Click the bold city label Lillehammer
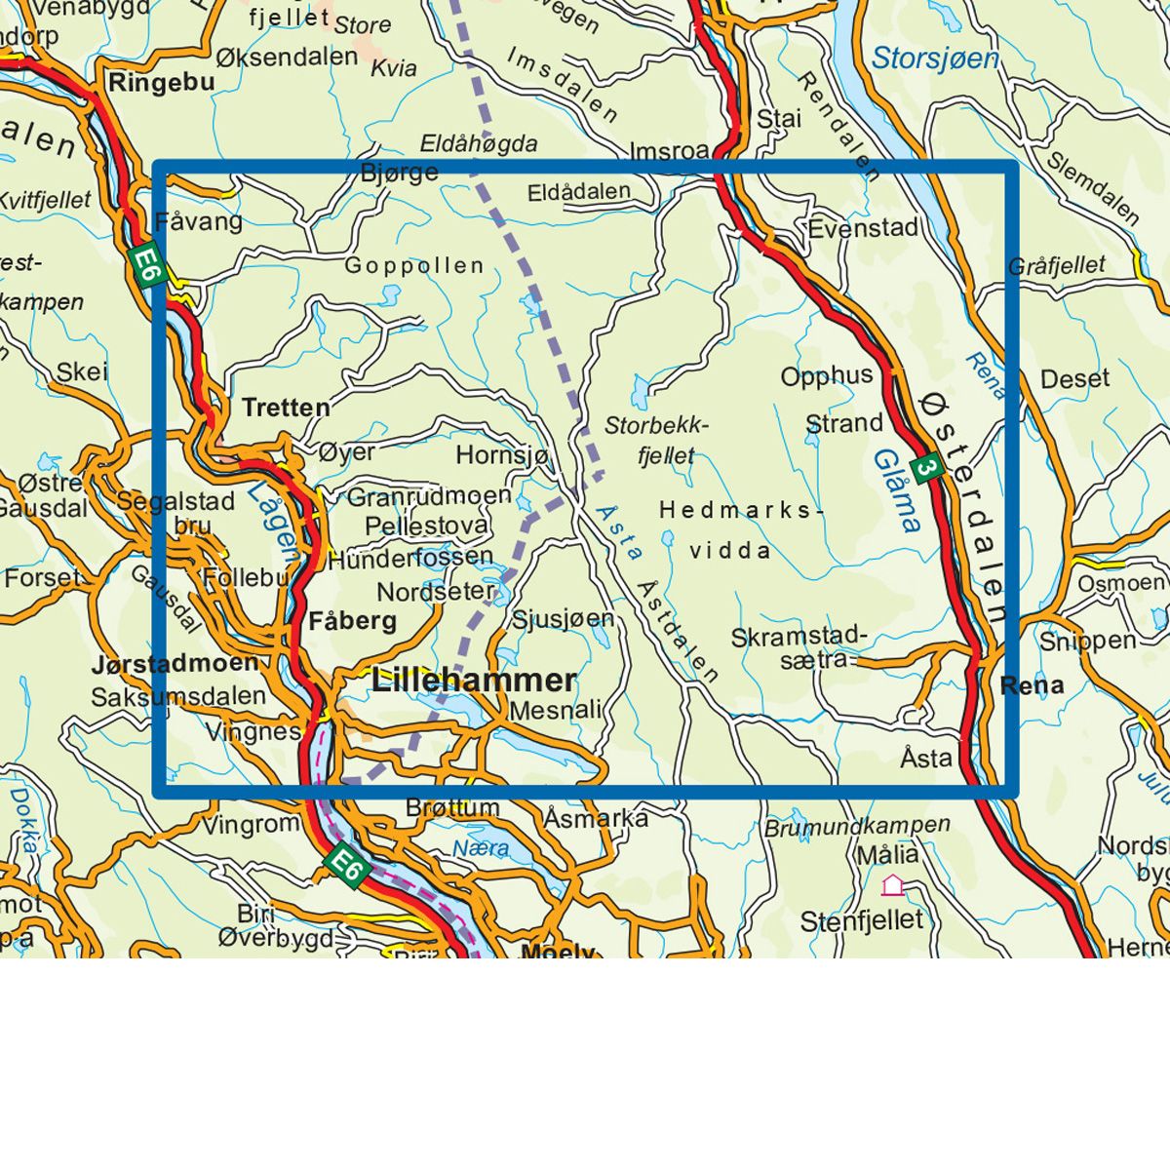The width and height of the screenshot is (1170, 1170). click(474, 681)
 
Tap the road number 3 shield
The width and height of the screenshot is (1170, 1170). click(927, 469)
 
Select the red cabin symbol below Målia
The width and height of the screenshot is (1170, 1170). click(892, 885)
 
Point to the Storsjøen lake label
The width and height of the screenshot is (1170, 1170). click(935, 58)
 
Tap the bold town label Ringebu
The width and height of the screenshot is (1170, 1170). click(161, 83)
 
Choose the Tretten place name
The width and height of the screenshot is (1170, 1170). click(286, 407)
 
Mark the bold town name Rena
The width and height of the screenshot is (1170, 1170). click(1032, 685)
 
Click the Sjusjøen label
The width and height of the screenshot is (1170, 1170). click(563, 619)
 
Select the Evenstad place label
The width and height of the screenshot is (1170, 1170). click(863, 228)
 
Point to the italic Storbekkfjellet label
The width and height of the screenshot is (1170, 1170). click(655, 440)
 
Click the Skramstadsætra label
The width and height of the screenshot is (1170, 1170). click(799, 648)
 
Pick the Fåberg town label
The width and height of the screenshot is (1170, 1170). click(352, 621)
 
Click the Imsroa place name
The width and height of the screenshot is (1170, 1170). click(670, 151)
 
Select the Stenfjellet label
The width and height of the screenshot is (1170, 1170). click(861, 920)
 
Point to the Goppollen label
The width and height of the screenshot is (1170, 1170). click(414, 265)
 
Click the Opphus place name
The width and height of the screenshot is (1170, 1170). click(827, 376)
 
